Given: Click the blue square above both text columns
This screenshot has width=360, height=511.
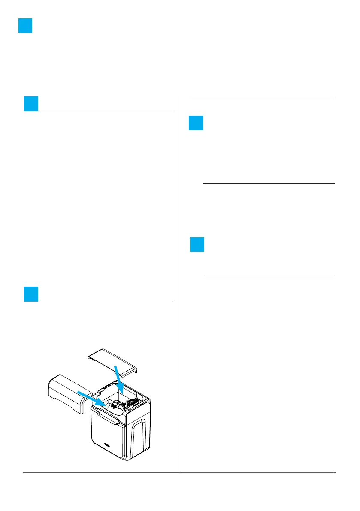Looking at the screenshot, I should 26,26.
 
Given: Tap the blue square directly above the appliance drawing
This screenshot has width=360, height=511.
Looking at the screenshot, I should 31,294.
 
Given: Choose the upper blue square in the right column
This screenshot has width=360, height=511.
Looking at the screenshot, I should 196,123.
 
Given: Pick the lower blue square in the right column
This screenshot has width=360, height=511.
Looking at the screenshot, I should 197,245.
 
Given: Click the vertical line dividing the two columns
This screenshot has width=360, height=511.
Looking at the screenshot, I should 180,283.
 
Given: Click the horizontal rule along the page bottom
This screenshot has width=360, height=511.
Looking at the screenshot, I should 180,473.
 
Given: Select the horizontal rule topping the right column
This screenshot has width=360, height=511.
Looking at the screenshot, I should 261,99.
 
